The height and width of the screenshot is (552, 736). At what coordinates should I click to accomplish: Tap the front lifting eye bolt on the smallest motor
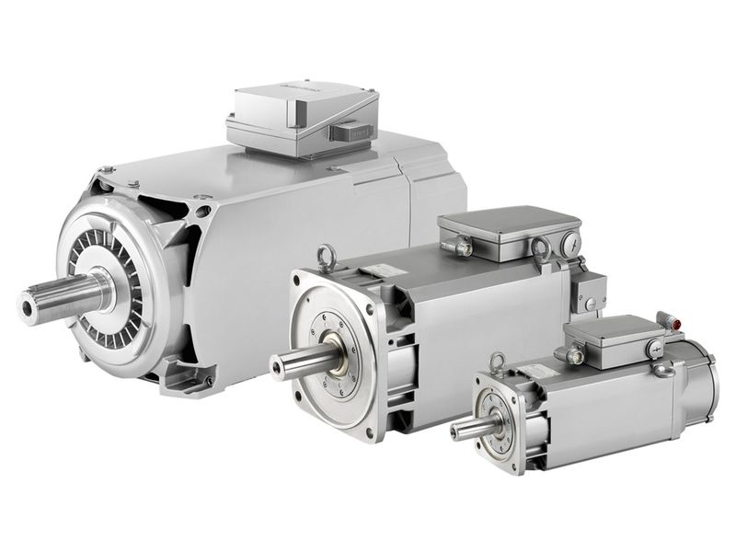(498, 362)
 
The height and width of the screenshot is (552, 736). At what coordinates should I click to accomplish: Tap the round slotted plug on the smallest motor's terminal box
(655, 348)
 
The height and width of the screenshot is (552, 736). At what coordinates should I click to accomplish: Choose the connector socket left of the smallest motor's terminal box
(576, 355)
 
